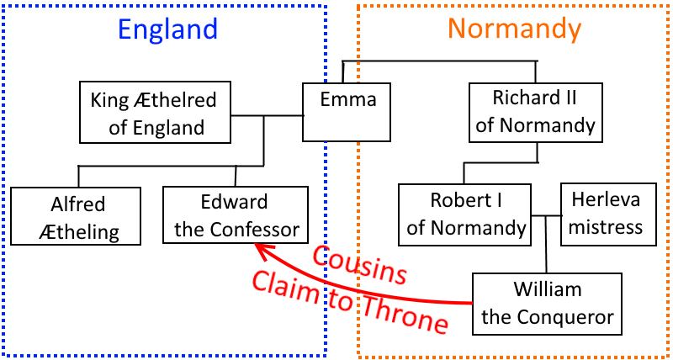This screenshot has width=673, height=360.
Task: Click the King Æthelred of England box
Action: [153, 113]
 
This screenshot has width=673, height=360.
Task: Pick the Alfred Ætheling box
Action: [78, 216]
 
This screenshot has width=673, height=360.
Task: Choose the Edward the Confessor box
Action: [235, 216]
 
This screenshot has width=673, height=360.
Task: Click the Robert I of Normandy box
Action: [465, 214]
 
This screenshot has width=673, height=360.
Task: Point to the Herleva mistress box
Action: [606, 214]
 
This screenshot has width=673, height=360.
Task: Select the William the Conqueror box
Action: [548, 304]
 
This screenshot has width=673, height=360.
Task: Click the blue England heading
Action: [167, 30]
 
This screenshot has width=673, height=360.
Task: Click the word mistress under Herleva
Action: [606, 226]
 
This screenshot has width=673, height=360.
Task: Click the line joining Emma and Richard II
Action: [437, 61]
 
